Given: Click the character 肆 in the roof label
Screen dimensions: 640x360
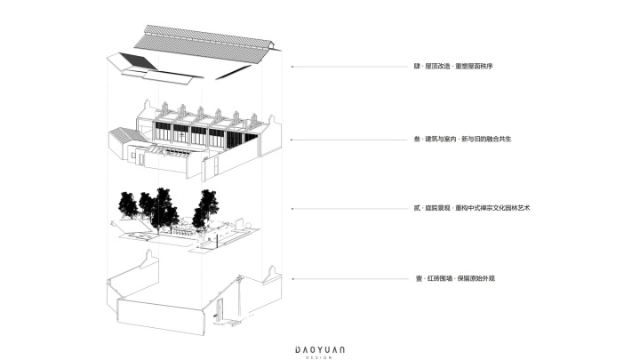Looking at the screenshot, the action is (x=417, y=66).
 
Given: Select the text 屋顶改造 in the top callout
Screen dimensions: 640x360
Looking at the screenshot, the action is (x=437, y=66).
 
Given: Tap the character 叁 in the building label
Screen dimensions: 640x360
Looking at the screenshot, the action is (x=417, y=140).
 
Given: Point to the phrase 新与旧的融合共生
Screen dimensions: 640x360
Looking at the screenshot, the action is (x=486, y=140).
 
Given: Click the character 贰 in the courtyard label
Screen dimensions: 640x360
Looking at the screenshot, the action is (x=417, y=208).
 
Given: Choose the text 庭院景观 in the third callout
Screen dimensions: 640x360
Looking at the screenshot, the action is (x=437, y=208).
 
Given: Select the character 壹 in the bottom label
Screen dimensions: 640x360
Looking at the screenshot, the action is (x=419, y=279).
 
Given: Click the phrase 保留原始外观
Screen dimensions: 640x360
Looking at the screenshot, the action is (x=476, y=279).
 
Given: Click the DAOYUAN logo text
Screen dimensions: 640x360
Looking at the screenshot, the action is (x=320, y=350).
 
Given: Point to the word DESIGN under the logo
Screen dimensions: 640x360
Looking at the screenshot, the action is (x=320, y=357).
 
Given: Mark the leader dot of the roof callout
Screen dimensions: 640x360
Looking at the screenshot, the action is (x=292, y=67).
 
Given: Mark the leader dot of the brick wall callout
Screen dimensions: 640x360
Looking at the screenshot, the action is (x=293, y=279).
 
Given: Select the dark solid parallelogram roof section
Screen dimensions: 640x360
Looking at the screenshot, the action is (x=138, y=60).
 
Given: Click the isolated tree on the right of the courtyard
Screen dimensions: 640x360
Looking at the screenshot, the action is (x=206, y=208).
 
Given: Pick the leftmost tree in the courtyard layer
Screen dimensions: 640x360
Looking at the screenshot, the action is (x=128, y=204).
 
